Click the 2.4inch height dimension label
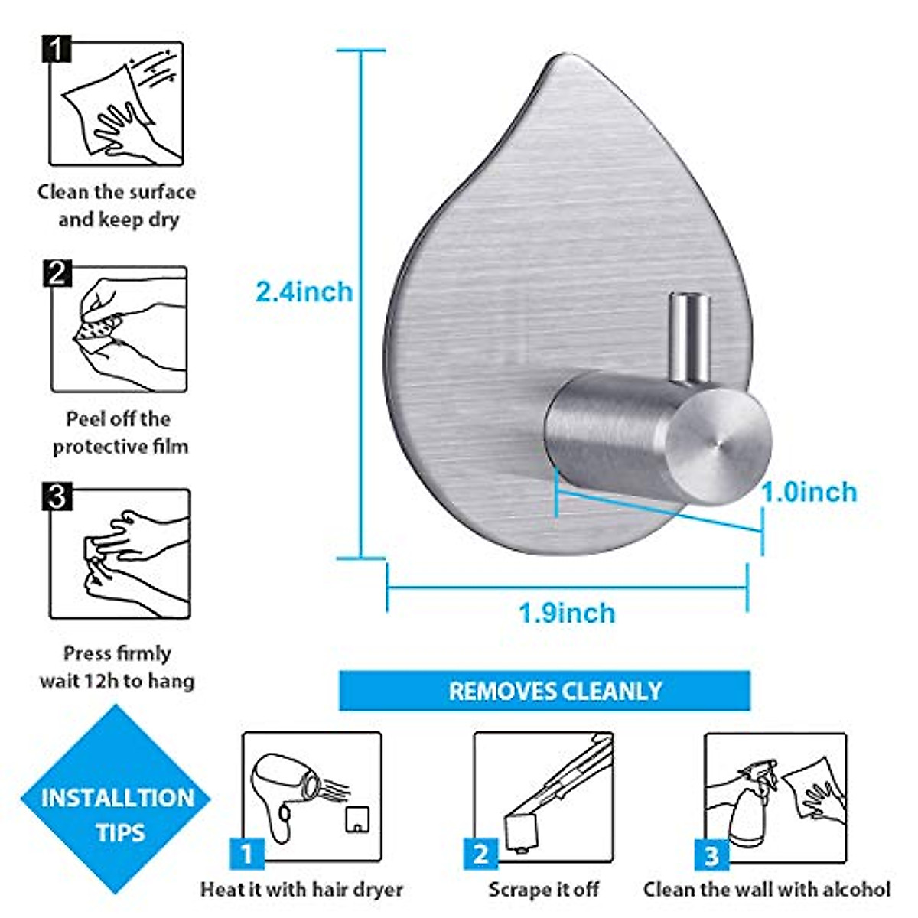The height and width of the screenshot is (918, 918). coord(304,291)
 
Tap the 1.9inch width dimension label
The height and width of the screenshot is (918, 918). coord(566,613)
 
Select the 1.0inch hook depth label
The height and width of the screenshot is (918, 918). coord(809,492)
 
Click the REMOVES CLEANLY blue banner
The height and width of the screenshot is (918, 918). coord(545,691)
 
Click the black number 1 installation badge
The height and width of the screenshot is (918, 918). coord(56,51)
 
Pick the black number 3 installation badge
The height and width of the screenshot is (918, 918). coord(57,497)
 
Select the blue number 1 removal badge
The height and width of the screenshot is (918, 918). coord(246,854)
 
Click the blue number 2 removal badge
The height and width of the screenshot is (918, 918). coord(480,854)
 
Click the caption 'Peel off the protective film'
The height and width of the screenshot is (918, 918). coord(120,433)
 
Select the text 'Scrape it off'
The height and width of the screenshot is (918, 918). coord(544,889)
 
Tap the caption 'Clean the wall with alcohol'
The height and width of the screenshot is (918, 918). coord(767,889)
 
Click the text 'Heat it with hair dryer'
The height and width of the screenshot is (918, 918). coord(301,889)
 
